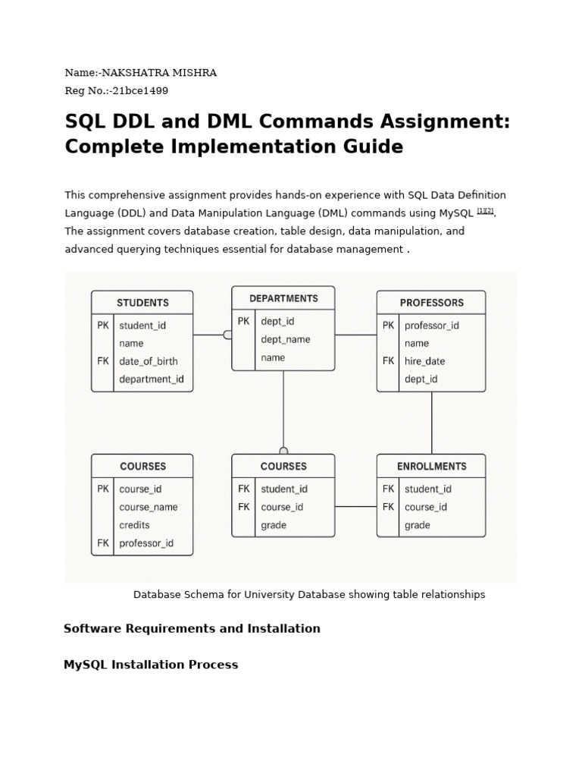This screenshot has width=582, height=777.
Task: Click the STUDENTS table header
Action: coord(142,303)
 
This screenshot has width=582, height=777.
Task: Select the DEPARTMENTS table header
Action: coord(283,298)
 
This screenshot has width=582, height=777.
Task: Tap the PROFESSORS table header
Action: coord(431,303)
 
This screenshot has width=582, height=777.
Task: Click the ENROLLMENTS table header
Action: coord(431,466)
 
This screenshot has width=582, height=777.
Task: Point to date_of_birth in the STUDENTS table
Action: coord(149,361)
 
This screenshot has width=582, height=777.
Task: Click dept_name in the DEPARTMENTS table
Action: coord(285,339)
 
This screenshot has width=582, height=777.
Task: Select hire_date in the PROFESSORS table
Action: coord(424,361)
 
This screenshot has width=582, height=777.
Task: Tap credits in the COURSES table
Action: coord(134,525)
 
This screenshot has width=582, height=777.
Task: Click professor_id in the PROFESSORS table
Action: coord(432,326)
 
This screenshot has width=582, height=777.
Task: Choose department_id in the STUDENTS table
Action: coord(152,379)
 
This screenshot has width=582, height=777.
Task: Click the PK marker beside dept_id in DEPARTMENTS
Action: coord(243,321)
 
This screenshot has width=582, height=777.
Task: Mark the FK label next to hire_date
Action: coord(388,361)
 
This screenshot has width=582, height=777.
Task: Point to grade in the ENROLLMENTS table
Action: coord(417,525)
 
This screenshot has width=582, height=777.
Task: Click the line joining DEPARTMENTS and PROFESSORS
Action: coord(355,335)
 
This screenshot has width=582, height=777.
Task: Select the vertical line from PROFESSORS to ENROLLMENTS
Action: coord(432,423)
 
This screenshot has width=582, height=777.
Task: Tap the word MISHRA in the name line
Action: coord(196,73)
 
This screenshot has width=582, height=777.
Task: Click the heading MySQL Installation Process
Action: coord(151,665)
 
